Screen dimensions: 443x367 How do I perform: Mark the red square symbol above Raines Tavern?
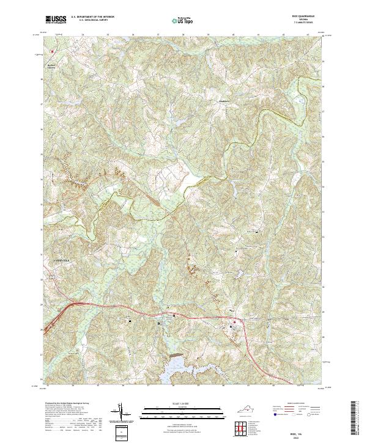53,51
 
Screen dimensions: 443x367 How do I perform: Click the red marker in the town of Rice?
232,320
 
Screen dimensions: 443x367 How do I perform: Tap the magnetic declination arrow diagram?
120,412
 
